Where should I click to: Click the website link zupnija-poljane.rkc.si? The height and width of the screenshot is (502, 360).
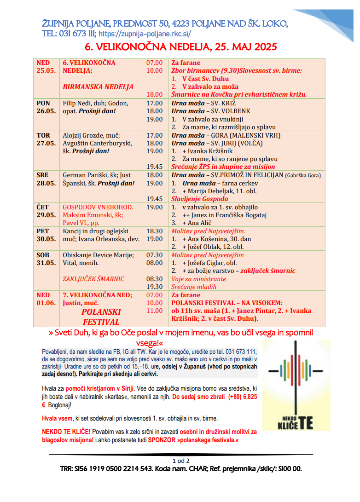(145, 34)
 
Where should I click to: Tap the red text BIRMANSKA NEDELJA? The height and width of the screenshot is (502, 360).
(98, 87)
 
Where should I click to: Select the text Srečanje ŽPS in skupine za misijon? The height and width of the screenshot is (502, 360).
(223, 167)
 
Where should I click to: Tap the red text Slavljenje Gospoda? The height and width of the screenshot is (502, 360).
(199, 199)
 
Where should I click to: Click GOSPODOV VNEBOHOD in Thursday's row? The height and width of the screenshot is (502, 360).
(98, 207)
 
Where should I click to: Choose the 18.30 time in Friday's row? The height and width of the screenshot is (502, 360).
(154, 231)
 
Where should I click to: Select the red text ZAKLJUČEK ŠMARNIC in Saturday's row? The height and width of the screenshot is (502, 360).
(93, 279)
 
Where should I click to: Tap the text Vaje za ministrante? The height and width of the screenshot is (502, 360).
(199, 279)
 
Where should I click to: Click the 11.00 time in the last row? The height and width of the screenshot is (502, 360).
(154, 311)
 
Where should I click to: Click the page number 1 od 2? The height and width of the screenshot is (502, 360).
(180, 461)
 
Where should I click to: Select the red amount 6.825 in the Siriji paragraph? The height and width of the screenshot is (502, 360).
(245, 396)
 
